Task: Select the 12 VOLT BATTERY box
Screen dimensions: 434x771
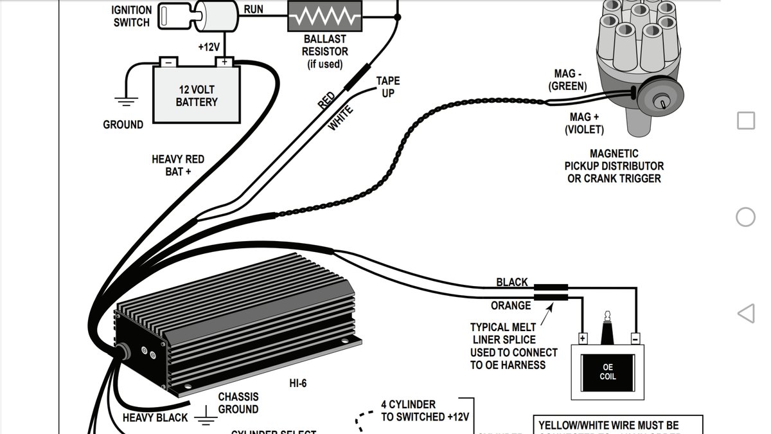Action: [x=196, y=95]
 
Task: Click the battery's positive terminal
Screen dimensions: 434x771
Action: [x=224, y=62]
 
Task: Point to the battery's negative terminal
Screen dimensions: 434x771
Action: [x=168, y=62]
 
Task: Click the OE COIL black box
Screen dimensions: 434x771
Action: [x=607, y=372]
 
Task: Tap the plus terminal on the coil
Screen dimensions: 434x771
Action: [x=583, y=338]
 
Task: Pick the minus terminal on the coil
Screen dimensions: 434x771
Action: [x=635, y=338]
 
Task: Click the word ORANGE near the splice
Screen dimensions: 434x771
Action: [x=511, y=305]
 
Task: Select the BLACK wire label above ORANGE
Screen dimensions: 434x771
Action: [x=512, y=282]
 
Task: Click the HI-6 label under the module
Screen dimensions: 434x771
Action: [x=297, y=383]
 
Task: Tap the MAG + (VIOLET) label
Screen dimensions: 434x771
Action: [x=584, y=123]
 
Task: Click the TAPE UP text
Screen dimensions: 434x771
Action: [x=387, y=87]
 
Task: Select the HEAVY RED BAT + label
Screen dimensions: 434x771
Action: [x=178, y=165]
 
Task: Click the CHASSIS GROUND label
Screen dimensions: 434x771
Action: [x=238, y=403]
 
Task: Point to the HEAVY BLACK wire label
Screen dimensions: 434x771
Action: [x=155, y=418]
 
